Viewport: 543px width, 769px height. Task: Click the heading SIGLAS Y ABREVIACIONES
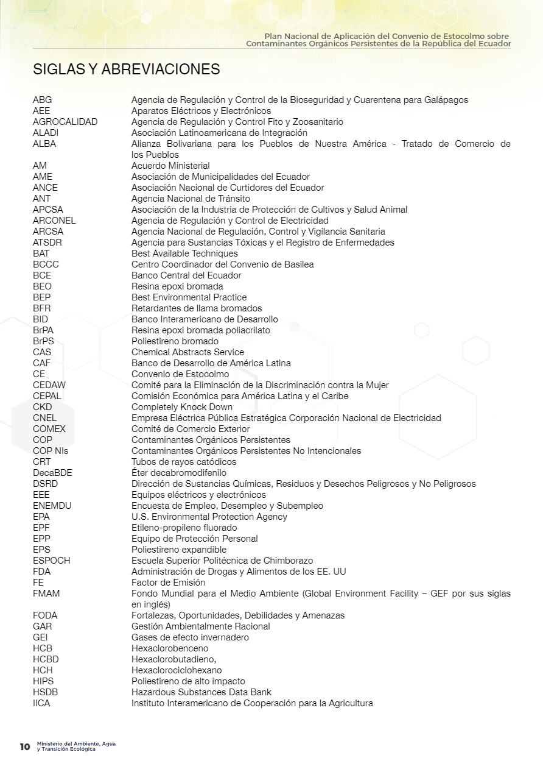pos(126,69)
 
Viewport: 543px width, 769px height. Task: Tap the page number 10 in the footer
pos(25,747)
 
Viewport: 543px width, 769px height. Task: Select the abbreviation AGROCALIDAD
pos(65,122)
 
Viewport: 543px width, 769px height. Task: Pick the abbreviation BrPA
pos(43,330)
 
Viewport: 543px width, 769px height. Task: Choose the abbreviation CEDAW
pos(49,385)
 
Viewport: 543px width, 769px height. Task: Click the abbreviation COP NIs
pos(51,451)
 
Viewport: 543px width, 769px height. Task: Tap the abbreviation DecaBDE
pos(52,473)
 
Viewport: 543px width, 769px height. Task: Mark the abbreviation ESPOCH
pos(51,561)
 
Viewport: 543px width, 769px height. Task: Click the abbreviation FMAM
pos(46,594)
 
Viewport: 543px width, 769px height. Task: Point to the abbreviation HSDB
pos(46,692)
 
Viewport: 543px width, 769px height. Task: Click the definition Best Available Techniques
pos(184,253)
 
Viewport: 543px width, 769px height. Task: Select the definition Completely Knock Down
pos(182,407)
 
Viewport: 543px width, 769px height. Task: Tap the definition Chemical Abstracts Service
pos(187,352)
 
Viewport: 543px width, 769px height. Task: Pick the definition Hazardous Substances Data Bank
pos(201,692)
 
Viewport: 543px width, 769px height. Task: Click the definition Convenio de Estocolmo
pos(180,374)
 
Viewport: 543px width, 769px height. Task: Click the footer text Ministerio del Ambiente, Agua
pos(76,744)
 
